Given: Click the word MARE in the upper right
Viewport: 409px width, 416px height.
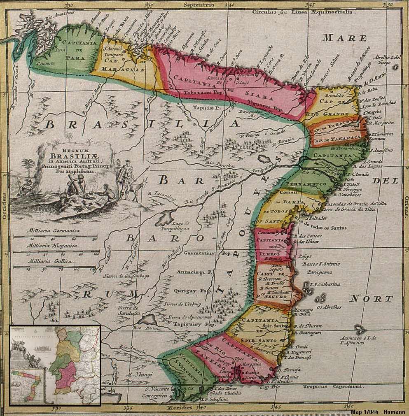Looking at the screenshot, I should (x=344, y=38).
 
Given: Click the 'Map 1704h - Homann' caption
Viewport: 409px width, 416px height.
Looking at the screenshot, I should (x=378, y=412).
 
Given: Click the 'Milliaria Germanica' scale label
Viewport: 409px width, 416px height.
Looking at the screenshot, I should (x=53, y=231).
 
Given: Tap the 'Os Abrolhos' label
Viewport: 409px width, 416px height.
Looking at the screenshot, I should (x=330, y=307).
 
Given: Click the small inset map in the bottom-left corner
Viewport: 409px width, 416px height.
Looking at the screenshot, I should (x=55, y=365).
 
